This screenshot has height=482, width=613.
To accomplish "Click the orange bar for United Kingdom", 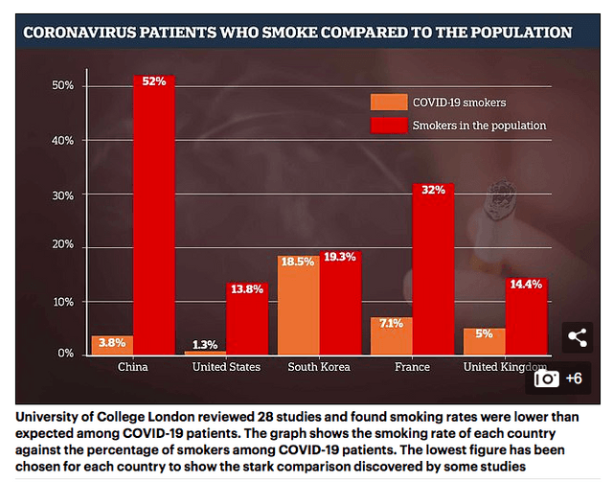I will click(485, 341).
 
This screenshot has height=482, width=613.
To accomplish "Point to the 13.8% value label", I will click(247, 288).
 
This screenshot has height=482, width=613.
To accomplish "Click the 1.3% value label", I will click(205, 345).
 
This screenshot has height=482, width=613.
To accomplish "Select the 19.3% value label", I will click(340, 258).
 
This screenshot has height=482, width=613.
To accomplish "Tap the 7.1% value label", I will click(391, 323).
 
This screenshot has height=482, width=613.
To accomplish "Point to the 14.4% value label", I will click(525, 285).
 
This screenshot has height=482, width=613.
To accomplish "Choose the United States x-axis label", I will click(225, 367).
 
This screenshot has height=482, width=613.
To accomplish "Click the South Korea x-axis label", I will click(319, 367).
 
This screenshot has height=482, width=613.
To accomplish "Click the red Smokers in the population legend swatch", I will click(388, 126).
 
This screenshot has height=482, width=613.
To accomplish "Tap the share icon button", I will click(577, 336).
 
